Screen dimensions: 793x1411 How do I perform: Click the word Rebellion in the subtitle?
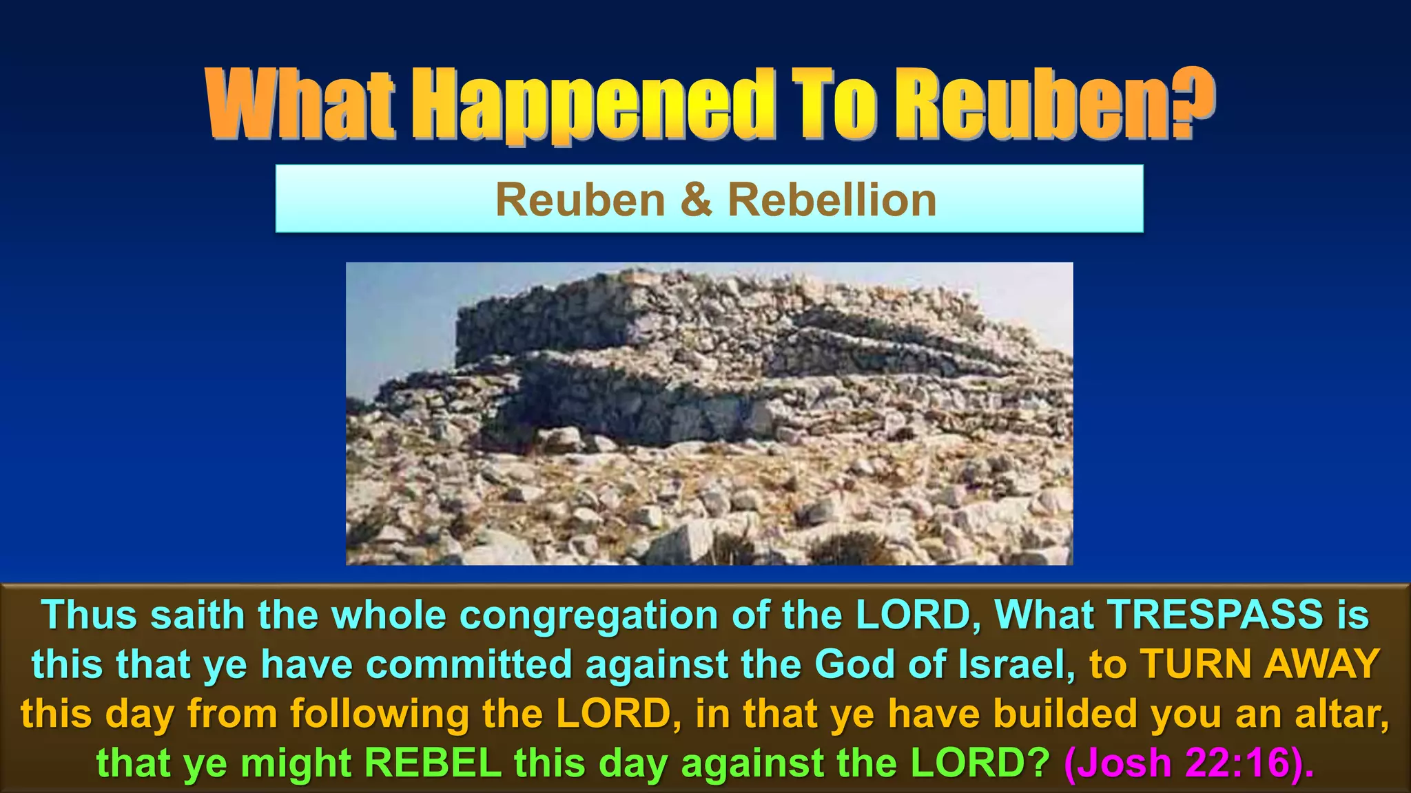click(x=832, y=200)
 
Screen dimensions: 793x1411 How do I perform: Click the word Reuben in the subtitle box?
click(x=580, y=200)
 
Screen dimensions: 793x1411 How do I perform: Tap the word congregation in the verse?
click(x=588, y=615)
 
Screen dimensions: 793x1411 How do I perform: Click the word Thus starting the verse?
click(x=90, y=615)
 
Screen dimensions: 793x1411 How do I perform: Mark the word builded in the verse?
click(x=1065, y=714)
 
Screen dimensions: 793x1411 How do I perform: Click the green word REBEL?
click(x=433, y=763)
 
